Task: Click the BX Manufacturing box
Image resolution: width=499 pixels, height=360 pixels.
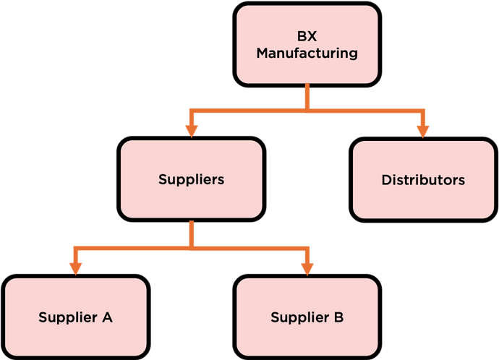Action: click(x=307, y=43)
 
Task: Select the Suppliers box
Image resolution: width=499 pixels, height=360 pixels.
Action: click(x=191, y=179)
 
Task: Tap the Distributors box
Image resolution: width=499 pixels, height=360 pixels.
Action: click(x=423, y=179)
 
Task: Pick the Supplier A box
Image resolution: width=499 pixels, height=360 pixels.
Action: click(x=75, y=317)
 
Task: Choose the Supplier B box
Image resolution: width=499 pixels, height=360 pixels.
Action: click(x=307, y=317)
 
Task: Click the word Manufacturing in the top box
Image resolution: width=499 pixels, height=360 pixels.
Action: click(x=307, y=53)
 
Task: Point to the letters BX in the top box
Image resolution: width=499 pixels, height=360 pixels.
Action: click(x=307, y=35)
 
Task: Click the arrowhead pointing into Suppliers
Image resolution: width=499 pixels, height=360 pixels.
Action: click(x=191, y=130)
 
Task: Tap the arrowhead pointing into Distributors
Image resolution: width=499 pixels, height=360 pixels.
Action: click(x=423, y=130)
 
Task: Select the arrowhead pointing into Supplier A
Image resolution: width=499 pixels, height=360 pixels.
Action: click(x=75, y=267)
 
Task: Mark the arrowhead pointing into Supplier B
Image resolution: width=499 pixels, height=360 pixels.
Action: click(x=307, y=267)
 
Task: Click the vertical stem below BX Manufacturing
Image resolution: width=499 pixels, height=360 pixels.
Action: click(x=307, y=95)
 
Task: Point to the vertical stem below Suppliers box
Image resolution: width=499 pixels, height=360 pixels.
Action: click(x=191, y=233)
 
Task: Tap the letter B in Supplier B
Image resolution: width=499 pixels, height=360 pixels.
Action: click(x=338, y=317)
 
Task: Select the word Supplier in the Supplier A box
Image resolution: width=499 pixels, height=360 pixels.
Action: click(x=67, y=317)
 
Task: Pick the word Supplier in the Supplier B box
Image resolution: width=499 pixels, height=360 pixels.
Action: click(x=299, y=317)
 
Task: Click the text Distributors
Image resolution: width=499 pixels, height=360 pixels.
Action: click(x=423, y=179)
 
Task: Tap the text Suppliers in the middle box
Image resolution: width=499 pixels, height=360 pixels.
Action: click(x=191, y=179)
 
